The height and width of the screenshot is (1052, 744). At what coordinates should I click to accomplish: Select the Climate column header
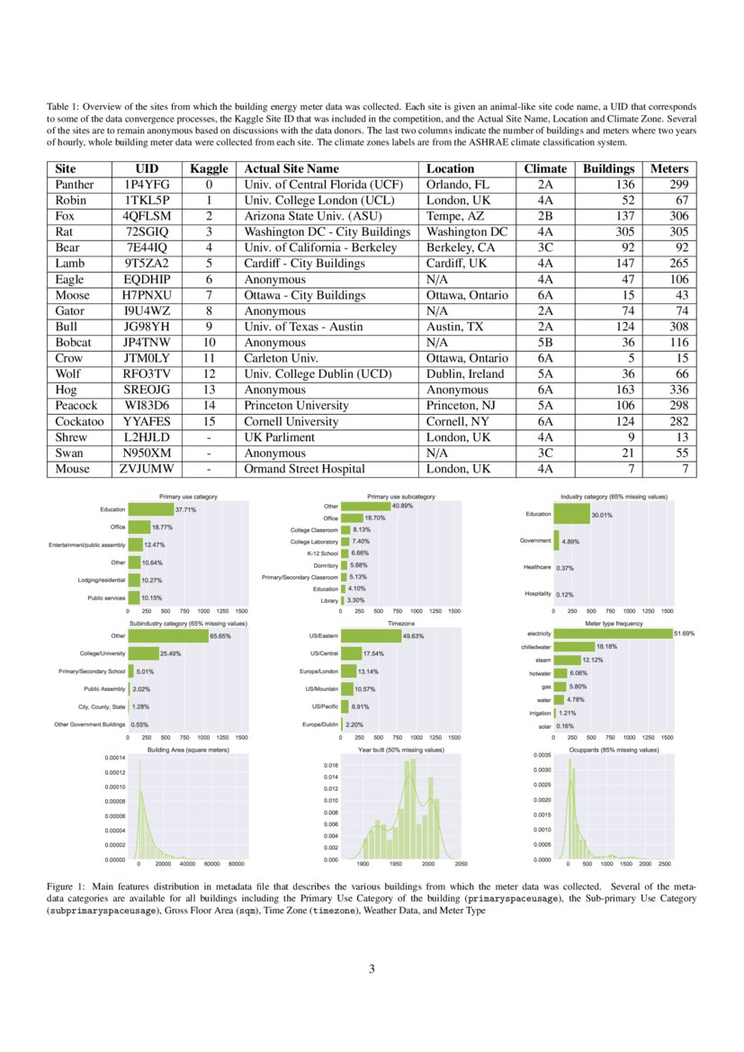coord(545,168)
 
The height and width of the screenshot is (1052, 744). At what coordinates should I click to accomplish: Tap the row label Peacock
coord(76,405)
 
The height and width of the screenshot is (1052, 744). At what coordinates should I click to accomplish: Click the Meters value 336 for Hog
coord(678,390)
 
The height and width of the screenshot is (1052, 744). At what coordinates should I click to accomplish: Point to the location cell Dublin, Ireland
coord(465,373)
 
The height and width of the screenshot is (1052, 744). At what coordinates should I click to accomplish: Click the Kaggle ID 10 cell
coord(209,342)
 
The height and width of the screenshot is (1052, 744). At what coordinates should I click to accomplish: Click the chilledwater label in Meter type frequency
coord(536,646)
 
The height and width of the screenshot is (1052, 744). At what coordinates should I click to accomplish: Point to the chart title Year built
coord(399,749)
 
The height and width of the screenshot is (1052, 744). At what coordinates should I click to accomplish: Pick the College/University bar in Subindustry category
coord(143,652)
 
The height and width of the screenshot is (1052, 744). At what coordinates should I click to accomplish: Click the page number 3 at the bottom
coord(372,969)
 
